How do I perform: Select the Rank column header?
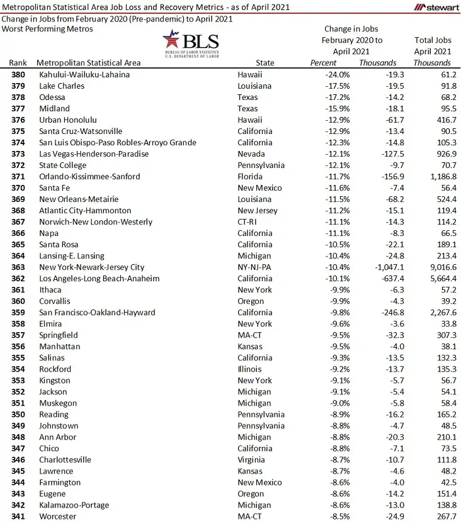pyautogui.click(x=18, y=63)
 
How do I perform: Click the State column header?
pyautogui.click(x=265, y=63)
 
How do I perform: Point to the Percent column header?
pyautogui.click(x=324, y=63)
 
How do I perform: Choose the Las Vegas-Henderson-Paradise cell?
pyautogui.click(x=94, y=154)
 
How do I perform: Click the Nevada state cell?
pyautogui.click(x=251, y=154)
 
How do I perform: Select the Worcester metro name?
pyautogui.click(x=58, y=516)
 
